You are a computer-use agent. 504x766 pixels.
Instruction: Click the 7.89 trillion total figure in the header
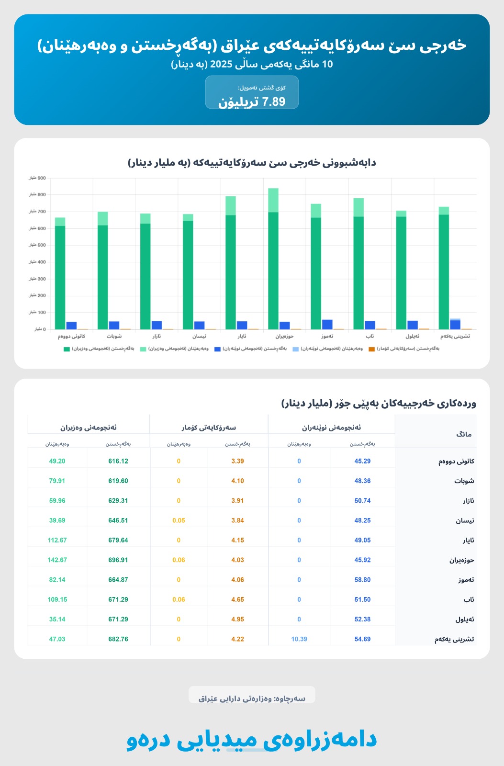click(x=252, y=101)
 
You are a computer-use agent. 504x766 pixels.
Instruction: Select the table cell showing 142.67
click(x=57, y=560)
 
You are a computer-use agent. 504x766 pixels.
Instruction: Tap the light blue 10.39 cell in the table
click(x=299, y=639)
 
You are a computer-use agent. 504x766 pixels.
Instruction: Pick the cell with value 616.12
click(x=118, y=461)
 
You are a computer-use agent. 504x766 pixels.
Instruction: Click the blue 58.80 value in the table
click(x=362, y=579)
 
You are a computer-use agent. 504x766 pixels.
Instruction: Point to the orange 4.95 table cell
click(x=237, y=619)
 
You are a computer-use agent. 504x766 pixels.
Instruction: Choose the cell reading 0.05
click(x=179, y=520)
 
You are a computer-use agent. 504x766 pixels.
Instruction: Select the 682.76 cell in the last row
click(x=118, y=639)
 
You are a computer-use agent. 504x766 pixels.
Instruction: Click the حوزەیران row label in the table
click(x=461, y=560)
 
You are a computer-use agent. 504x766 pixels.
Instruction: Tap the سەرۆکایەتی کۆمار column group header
click(x=209, y=428)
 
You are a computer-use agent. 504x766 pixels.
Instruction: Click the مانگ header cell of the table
click(x=464, y=434)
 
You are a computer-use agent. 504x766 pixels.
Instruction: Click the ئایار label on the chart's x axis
click(x=242, y=336)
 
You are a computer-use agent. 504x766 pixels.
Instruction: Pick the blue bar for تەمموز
click(x=327, y=325)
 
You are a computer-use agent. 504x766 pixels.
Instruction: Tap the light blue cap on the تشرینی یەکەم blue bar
click(x=455, y=319)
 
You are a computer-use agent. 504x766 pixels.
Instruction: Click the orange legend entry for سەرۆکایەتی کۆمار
click(x=407, y=349)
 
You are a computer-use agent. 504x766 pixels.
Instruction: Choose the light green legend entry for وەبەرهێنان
click(x=174, y=349)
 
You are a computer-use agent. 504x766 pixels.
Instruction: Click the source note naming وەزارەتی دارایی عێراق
click(x=252, y=698)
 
